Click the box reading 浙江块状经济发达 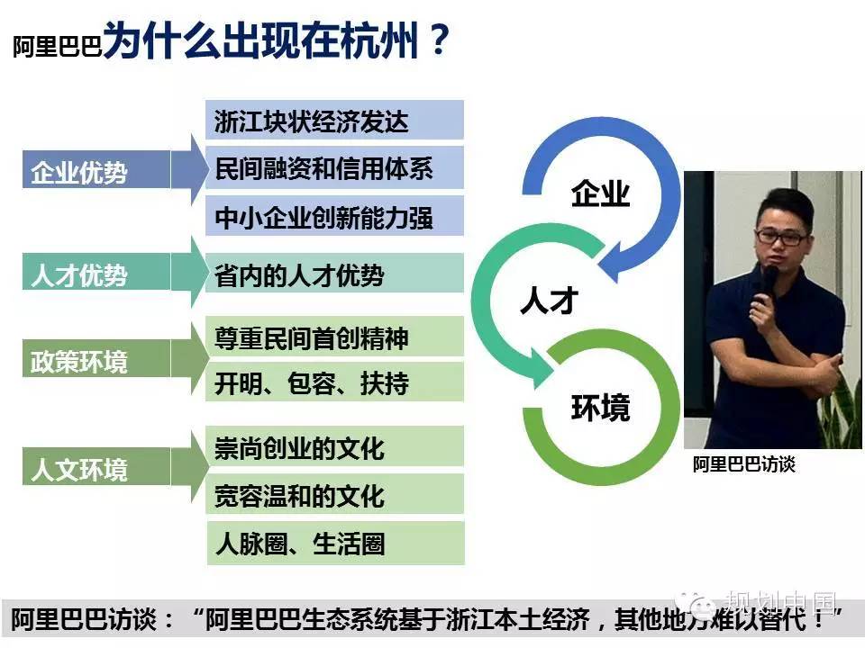(334, 120)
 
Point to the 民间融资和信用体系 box (334, 167)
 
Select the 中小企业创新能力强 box (334, 215)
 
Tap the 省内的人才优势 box (334, 273)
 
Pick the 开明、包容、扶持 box (334, 382)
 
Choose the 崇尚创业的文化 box (334, 446)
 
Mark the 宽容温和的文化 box (334, 494)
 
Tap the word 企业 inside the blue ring (600, 193)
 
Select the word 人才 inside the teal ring (550, 301)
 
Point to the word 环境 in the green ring (600, 408)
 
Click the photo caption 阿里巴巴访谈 (743, 464)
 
